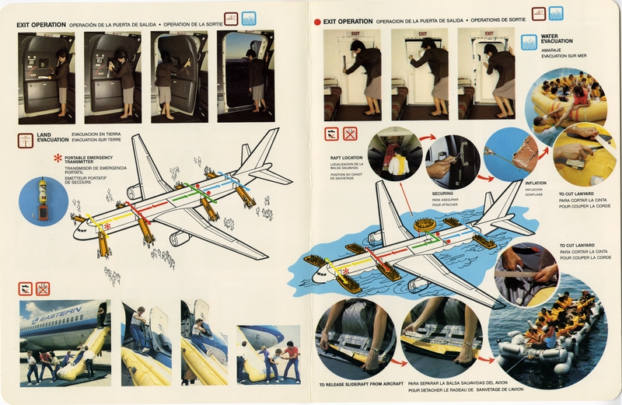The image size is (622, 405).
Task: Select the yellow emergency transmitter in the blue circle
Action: [x=41, y=201]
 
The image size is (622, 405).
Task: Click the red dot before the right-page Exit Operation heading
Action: [x=316, y=23]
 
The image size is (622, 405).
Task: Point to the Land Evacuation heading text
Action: [x=53, y=137]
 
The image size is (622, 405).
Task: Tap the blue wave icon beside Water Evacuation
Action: [x=529, y=40]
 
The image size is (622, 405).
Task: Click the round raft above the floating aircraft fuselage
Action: [x=425, y=225]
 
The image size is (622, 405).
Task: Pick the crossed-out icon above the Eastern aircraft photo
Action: [x=43, y=288]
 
